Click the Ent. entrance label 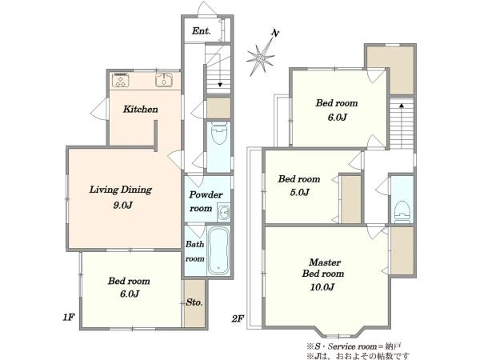pos(201,31)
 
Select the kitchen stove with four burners pos(120,80)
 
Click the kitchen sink pos(164,80)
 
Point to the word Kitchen pos(141,110)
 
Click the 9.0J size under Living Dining pos(122,205)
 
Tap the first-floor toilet pos(218,133)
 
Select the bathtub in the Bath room pos(218,250)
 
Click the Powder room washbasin pos(224,212)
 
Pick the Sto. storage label pos(194,302)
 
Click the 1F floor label pos(69,317)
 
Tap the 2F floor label pos(238,319)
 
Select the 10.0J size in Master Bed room pos(322,287)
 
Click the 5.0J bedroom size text pos(300,192)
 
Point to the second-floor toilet pos(402,212)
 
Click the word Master pos(325,262)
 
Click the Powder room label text pos(206,202)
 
